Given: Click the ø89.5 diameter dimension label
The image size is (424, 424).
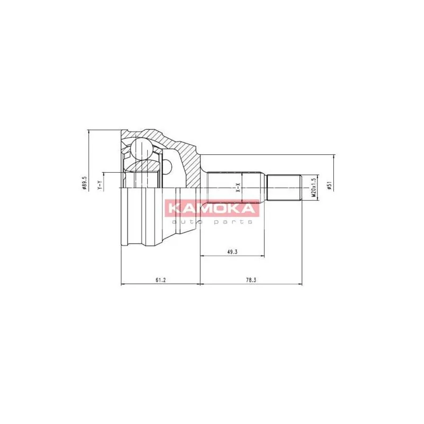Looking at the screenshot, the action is [84, 183].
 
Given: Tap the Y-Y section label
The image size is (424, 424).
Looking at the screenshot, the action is [99, 185].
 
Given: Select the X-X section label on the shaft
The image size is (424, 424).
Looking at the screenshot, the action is [238, 188].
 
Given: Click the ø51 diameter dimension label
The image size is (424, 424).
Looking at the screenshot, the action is [329, 186].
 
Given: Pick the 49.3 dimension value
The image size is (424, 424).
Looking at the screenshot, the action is [232, 252].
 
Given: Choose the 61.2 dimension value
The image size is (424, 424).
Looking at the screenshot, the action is [161, 280].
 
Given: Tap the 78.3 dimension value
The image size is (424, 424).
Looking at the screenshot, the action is [251, 280].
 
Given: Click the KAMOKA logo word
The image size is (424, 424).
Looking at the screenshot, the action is [212, 208].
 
